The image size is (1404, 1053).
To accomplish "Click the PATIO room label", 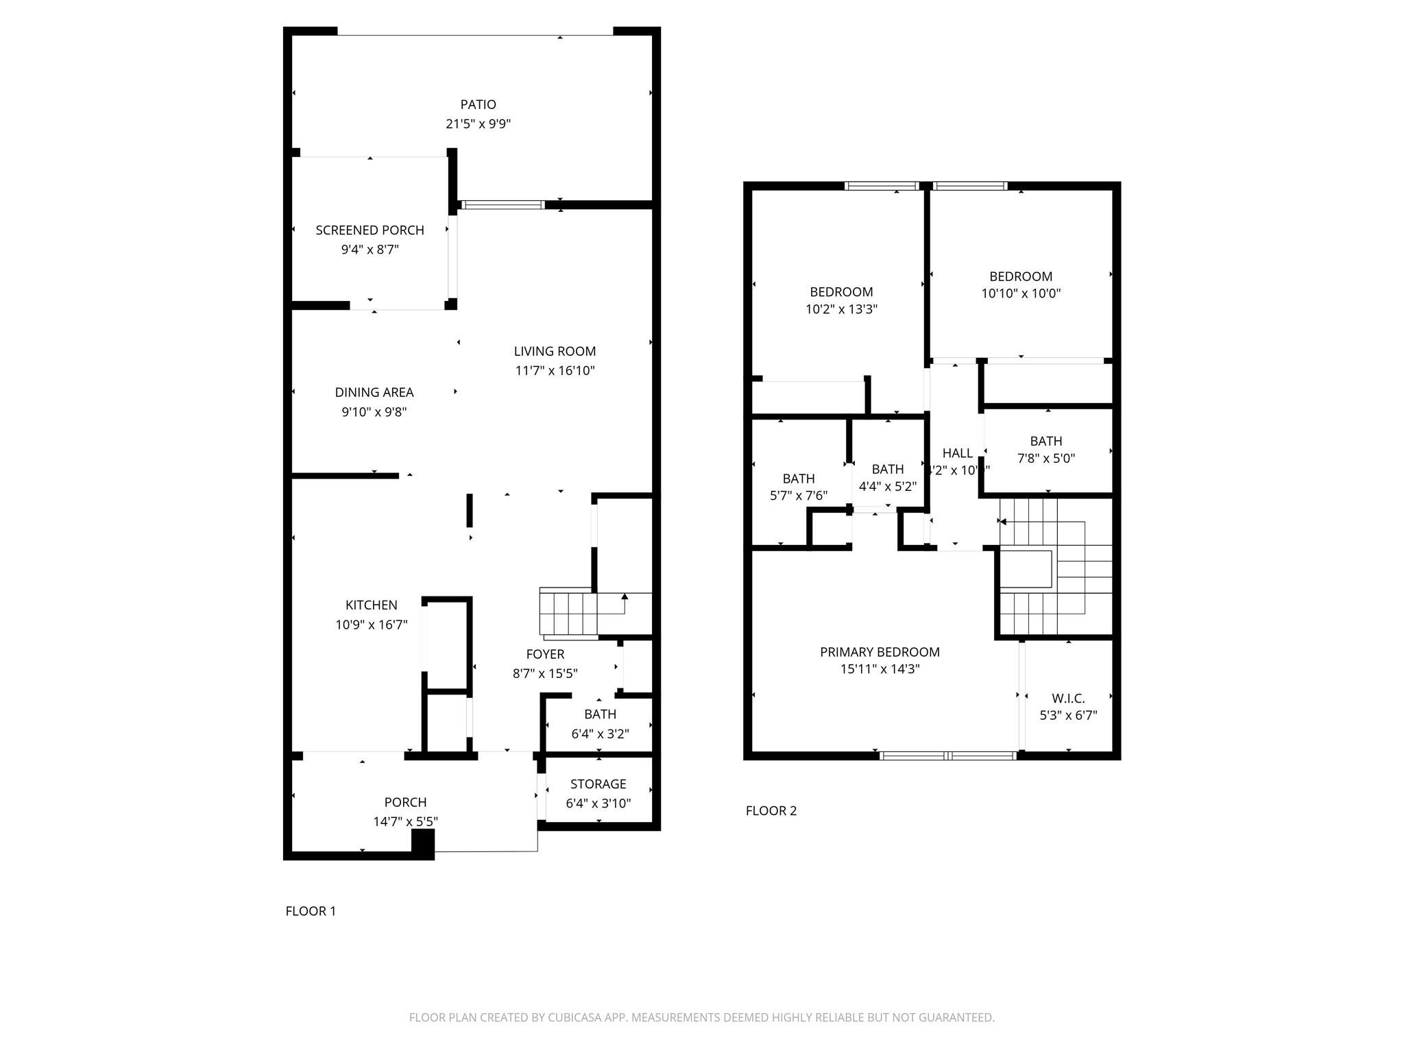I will [478, 104].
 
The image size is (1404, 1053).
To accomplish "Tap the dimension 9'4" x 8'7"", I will [370, 250].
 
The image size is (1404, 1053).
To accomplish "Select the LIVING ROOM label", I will [555, 351].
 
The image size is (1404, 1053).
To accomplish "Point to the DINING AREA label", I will [374, 392].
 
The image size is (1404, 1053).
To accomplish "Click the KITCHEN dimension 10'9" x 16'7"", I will [371, 625].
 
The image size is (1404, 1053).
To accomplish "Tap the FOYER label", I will [545, 654].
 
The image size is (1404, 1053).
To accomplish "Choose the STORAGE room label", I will [598, 784].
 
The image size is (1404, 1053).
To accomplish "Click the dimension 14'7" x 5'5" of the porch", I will [405, 821].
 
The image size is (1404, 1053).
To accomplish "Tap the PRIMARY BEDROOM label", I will [880, 652].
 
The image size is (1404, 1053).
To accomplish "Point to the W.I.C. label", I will [1068, 699].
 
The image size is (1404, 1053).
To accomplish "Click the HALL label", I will [957, 453].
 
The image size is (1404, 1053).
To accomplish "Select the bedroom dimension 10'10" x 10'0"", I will [1021, 293].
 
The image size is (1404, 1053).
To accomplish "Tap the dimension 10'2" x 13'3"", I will [841, 309].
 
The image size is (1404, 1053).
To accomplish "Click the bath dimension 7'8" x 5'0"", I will [1045, 458].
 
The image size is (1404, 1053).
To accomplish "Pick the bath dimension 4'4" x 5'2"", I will [887, 486].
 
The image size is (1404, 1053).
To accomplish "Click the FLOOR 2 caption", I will [771, 810].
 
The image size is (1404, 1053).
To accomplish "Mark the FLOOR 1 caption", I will [311, 911].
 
